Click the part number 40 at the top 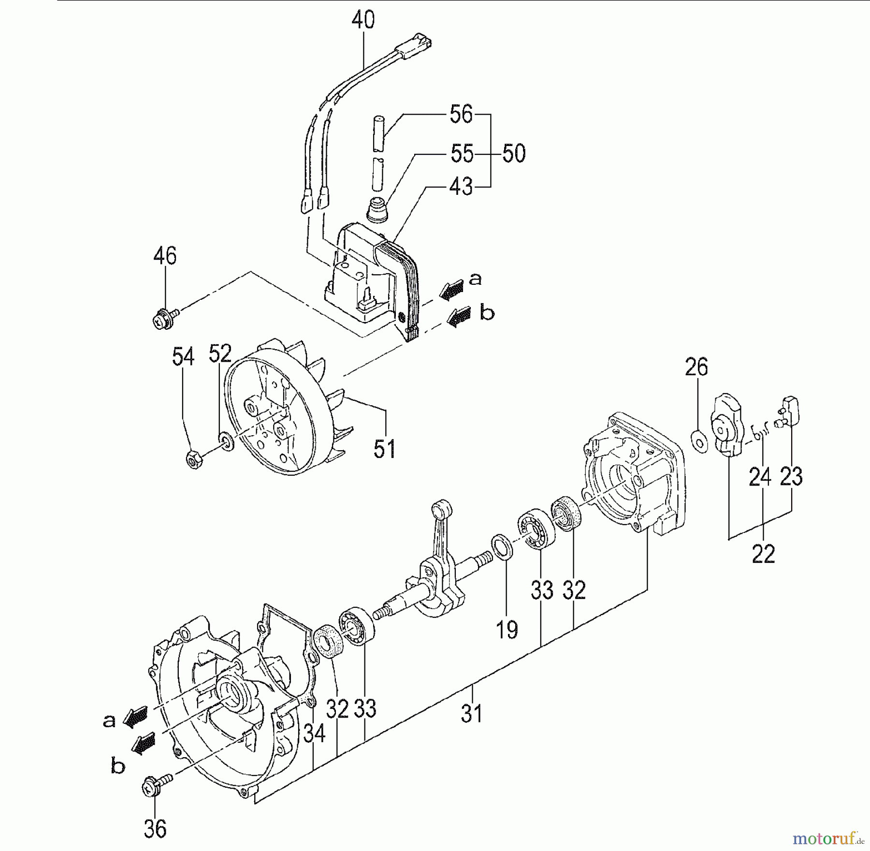[363, 21]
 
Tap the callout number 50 [514, 154]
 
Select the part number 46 [165, 256]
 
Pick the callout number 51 [385, 449]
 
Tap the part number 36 [155, 828]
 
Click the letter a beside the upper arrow [476, 279]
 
